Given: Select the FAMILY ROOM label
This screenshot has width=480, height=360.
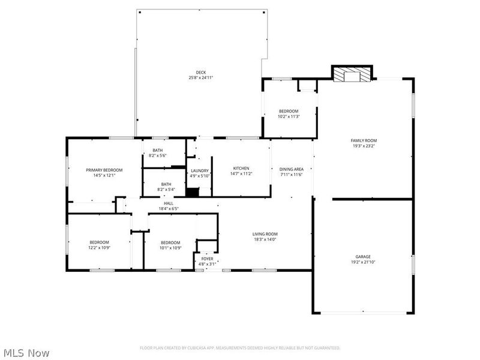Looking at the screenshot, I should (x=364, y=140).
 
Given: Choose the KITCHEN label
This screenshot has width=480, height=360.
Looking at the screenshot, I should (x=241, y=168).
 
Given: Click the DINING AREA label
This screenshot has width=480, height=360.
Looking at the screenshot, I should (x=292, y=169).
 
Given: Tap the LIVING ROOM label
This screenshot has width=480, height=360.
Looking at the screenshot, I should (x=265, y=234).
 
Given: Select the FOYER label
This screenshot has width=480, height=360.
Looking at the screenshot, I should (x=207, y=259).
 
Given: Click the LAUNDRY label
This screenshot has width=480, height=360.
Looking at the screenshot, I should (x=199, y=170).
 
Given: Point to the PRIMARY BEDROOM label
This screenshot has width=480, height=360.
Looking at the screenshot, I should (x=104, y=170).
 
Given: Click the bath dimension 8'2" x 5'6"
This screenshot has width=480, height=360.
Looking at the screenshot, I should (x=158, y=156).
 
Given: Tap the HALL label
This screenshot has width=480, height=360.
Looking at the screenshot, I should (x=169, y=203).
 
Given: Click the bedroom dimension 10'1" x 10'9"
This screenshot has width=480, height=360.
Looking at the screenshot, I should (x=170, y=248).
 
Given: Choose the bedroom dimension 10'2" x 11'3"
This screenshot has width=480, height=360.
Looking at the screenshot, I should (x=289, y=117).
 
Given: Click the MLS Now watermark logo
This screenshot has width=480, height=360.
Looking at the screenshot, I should (x=27, y=353).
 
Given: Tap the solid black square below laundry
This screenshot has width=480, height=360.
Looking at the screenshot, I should (x=192, y=193).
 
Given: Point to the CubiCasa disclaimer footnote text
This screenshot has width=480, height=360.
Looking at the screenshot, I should (x=240, y=347).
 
